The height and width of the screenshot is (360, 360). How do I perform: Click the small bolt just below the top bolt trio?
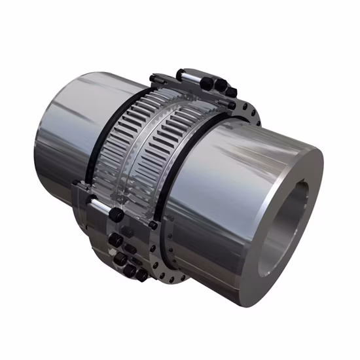[231, 105]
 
